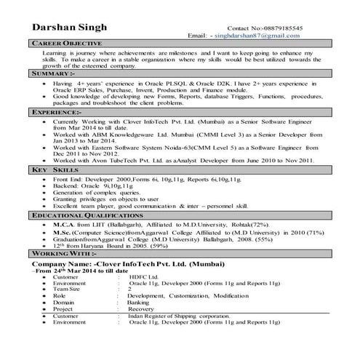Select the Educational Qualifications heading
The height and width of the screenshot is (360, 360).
pyautogui.click(x=83, y=216)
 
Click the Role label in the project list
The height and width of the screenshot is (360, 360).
pyautogui.click(x=59, y=296)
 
